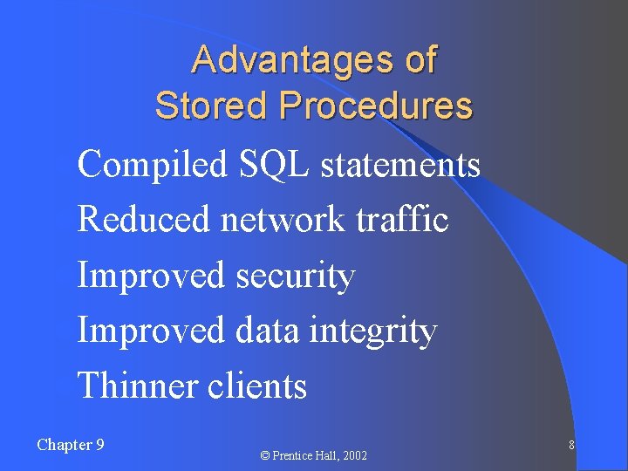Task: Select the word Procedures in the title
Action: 376,106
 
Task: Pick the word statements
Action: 400,164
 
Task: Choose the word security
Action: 296,275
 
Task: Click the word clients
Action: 257,386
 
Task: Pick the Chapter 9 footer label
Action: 71,445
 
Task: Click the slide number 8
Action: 571,446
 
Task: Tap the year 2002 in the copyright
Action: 354,456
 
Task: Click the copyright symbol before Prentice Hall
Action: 265,456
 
